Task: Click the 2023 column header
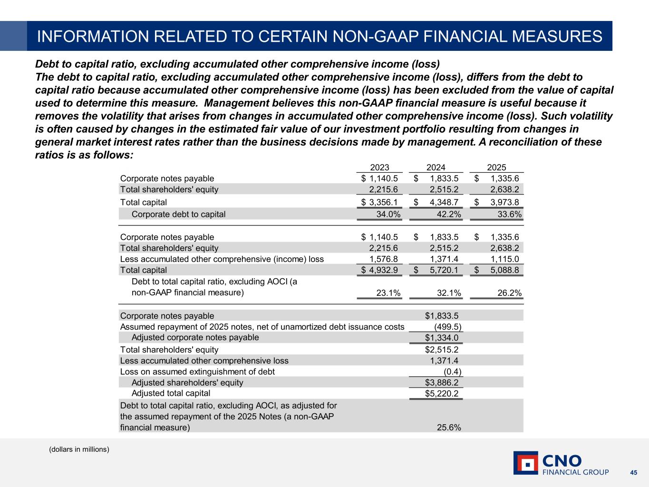[x=379, y=167]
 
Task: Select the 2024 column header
[x=436, y=167]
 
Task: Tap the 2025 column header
[x=496, y=167]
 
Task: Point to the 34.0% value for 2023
[x=388, y=214]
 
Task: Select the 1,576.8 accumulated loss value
[x=384, y=259]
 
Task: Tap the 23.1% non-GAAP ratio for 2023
[x=388, y=293]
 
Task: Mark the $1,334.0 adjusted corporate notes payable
[x=442, y=338]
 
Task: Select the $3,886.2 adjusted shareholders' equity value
[x=442, y=382]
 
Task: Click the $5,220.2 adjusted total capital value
[x=442, y=393]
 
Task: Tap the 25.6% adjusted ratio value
[x=449, y=427]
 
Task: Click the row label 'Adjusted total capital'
[x=171, y=393]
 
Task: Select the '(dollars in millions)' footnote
[x=79, y=449]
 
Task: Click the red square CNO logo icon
[x=526, y=463]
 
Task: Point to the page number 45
[x=633, y=472]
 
